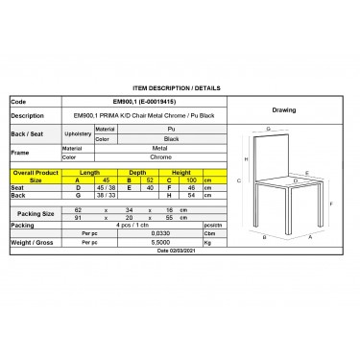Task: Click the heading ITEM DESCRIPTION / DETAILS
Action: (x=180, y=86)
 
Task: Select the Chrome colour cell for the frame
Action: (x=170, y=159)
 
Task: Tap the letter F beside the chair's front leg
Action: (x=331, y=204)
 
